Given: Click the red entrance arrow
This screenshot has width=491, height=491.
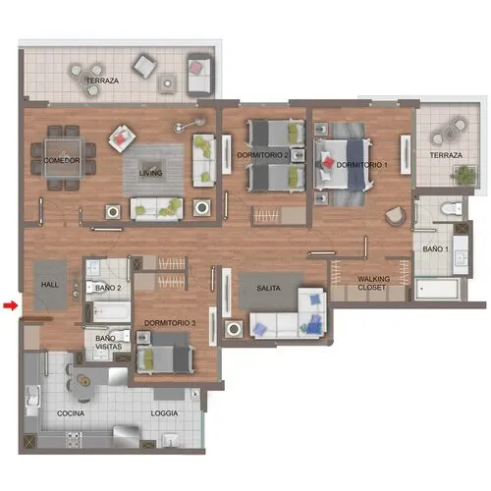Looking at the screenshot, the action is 10,305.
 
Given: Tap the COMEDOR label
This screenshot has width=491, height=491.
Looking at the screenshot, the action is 62,160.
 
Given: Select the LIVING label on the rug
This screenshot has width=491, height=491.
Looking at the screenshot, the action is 150,173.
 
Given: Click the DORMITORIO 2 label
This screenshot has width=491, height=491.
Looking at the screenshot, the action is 262,155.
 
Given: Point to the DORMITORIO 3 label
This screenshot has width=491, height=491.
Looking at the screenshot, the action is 170,323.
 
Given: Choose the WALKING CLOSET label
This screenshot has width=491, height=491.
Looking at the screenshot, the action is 373,283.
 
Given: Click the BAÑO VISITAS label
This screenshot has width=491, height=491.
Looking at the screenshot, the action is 108,342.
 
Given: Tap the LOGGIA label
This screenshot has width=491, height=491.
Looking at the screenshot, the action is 164,413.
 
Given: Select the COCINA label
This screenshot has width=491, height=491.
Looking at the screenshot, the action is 71,413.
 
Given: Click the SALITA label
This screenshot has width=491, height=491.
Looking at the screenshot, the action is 268,288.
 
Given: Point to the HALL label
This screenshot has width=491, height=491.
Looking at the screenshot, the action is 50,285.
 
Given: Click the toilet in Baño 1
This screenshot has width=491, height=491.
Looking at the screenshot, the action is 451,208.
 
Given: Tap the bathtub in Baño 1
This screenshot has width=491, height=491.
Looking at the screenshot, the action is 437,289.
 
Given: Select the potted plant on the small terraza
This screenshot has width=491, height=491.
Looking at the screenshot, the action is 464,175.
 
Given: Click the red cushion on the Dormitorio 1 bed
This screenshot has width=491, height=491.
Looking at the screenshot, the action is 328,162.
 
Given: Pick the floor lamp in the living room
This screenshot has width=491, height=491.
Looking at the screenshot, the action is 190,124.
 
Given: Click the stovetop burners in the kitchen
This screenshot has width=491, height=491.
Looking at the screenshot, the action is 74,440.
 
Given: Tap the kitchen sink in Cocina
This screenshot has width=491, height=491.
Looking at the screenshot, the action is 32,396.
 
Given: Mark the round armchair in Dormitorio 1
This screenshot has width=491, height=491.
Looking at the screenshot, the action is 396,216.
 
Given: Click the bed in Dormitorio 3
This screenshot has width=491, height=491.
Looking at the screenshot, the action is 165,354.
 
